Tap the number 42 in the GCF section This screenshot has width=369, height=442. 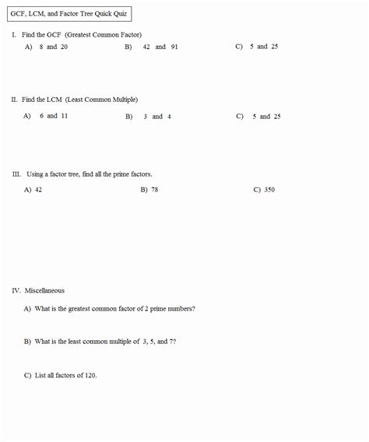click(146, 47)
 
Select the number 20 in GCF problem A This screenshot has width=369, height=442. click(64, 47)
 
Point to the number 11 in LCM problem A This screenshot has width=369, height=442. click(64, 116)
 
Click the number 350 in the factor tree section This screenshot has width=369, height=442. click(269, 189)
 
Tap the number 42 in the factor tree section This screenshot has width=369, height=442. click(38, 189)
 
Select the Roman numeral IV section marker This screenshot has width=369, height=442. click(16, 290)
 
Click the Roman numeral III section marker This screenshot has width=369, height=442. click(16, 174)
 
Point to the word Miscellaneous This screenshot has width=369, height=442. click(44, 290)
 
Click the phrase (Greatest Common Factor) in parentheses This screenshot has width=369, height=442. click(104, 35)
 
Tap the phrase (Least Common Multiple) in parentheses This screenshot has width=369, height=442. click(101, 100)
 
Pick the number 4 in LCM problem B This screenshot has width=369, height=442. click(169, 117)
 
